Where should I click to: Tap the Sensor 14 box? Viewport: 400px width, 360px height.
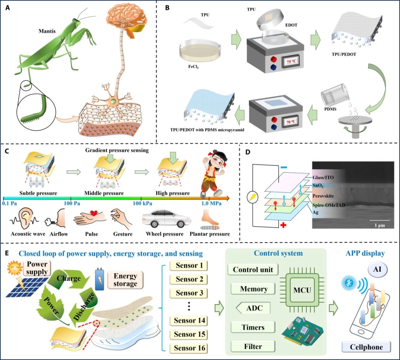click(189, 320)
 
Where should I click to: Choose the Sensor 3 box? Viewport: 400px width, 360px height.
click(189, 293)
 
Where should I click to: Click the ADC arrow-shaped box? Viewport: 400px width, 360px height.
click(253, 308)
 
